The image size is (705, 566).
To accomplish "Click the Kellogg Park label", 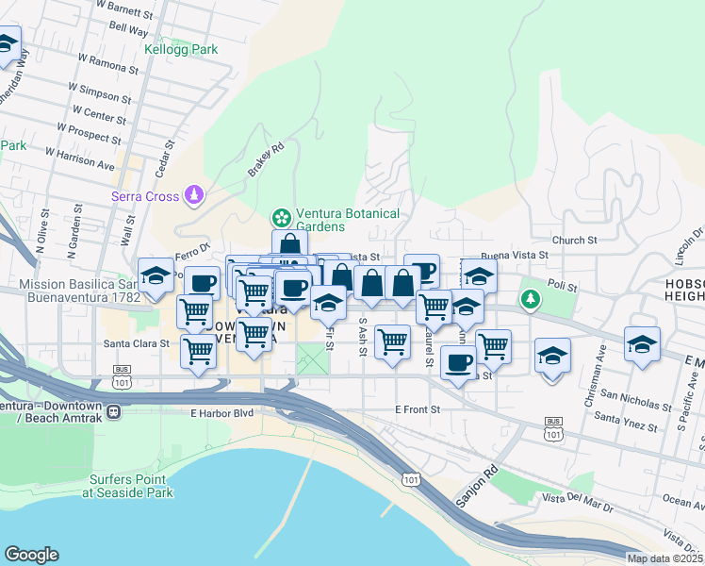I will [181, 49].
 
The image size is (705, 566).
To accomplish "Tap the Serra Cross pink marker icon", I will [195, 194].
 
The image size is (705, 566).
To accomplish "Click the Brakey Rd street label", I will [266, 160].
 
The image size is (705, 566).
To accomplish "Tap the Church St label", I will [575, 241].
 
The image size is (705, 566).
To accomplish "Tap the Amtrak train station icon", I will [113, 412].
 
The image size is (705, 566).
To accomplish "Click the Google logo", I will [31, 555].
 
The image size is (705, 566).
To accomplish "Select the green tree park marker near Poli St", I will [533, 299].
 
